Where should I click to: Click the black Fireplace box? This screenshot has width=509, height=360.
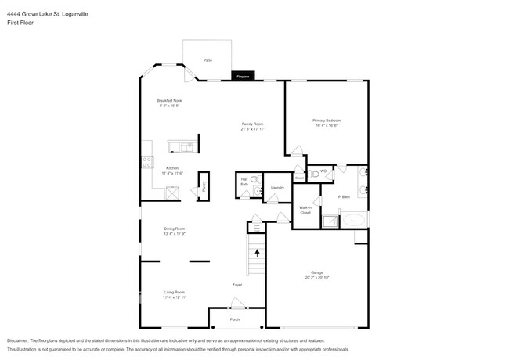click(242, 76)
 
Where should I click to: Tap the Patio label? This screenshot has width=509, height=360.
click(208, 60)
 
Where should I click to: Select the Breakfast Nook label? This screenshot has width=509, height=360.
click(169, 101)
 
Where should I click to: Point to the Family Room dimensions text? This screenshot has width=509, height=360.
click(252, 129)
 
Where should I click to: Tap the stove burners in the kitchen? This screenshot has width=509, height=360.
click(146, 162)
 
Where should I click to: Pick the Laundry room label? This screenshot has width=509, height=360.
click(276, 188)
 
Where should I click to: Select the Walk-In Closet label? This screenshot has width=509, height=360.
click(305, 210)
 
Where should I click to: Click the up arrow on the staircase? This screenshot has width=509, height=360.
click(257, 253)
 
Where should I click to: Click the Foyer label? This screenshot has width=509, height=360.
click(236, 285)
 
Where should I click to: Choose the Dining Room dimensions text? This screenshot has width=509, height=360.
click(174, 233)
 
